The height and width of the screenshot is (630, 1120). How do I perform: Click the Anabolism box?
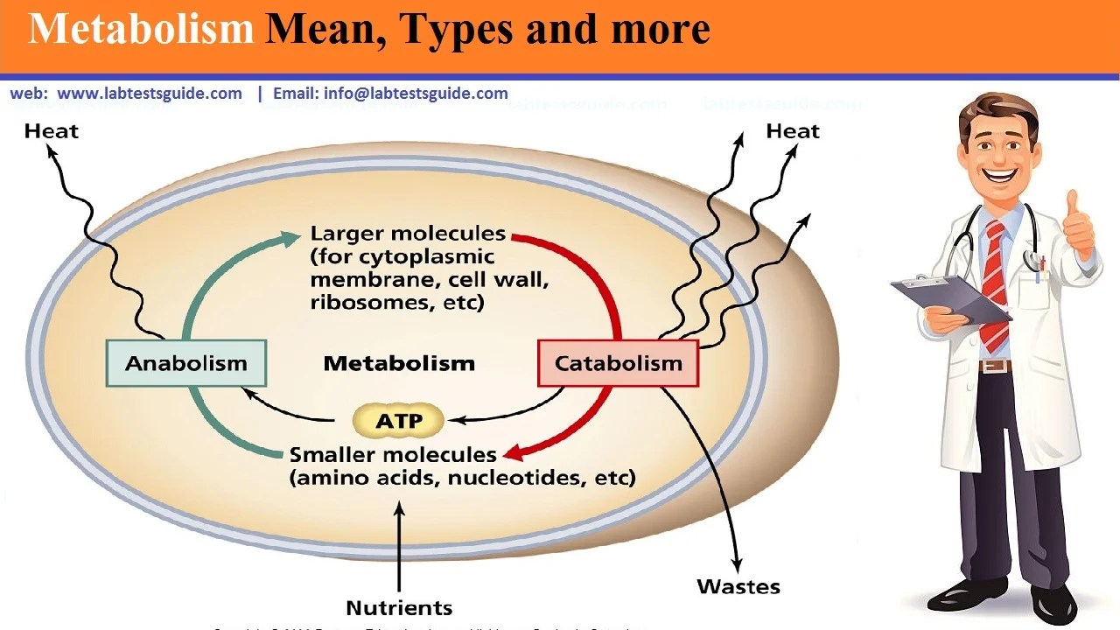[185, 363]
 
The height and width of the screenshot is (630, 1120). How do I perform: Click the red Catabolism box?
[618, 363]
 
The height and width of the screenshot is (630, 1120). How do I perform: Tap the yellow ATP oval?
[398, 421]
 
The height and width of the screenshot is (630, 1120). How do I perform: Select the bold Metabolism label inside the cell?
[399, 363]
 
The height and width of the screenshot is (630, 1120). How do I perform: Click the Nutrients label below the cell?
[399, 607]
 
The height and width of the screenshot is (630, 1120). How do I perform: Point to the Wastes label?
[738, 586]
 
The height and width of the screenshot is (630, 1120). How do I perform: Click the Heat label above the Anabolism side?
[52, 131]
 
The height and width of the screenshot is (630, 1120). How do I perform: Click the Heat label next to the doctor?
[792, 131]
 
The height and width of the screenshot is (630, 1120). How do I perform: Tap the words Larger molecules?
[408, 234]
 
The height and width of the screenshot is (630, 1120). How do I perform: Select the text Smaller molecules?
[393, 455]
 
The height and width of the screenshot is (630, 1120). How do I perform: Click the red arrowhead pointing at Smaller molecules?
[514, 453]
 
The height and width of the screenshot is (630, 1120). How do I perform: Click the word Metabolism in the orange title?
[140, 30]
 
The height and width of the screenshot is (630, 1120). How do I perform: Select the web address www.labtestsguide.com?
[150, 94]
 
